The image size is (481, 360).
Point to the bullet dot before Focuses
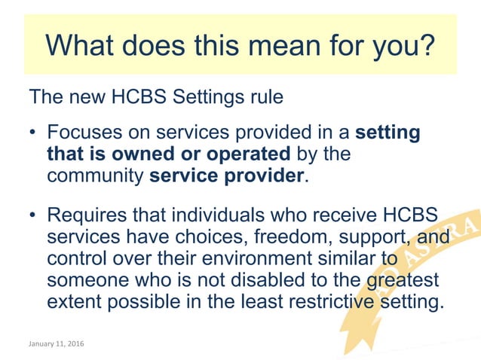[32, 134]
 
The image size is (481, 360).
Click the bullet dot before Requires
[32, 215]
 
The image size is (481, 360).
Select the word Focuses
[82, 134]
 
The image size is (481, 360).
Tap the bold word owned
[128, 156]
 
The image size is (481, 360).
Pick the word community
[96, 178]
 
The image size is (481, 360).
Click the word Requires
[84, 215]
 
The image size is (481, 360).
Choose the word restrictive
[328, 304]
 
